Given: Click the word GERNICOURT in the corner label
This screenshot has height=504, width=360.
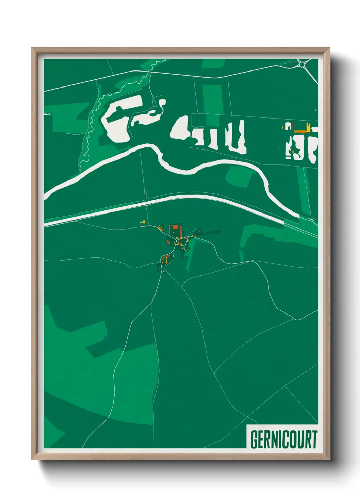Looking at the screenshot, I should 283,440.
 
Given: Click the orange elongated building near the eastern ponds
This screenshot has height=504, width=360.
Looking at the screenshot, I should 299,131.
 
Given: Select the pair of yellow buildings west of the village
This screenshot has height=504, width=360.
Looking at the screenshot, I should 143,222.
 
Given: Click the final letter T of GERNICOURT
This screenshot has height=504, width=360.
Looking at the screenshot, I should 313,440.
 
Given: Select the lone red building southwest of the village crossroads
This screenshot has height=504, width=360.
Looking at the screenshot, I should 167,242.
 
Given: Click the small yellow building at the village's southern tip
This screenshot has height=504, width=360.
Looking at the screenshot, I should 163,271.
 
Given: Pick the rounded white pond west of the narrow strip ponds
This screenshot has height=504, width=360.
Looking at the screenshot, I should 179,129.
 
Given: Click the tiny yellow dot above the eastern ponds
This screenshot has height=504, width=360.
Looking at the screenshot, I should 316,110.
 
